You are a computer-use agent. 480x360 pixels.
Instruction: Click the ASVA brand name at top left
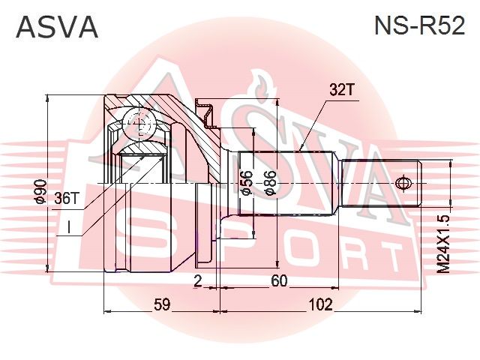click(57, 26)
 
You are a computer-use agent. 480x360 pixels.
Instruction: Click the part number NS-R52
click(419, 26)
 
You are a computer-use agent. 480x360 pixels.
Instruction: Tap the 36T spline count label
click(67, 198)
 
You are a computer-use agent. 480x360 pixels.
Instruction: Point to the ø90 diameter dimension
click(41, 193)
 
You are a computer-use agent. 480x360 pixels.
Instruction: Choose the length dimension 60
click(279, 281)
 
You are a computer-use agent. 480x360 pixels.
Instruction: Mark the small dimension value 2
click(197, 281)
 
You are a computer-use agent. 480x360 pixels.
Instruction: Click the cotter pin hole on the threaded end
click(403, 182)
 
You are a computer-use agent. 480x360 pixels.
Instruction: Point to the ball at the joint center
click(139, 124)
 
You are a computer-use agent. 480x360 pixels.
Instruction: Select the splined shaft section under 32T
click(285, 182)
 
